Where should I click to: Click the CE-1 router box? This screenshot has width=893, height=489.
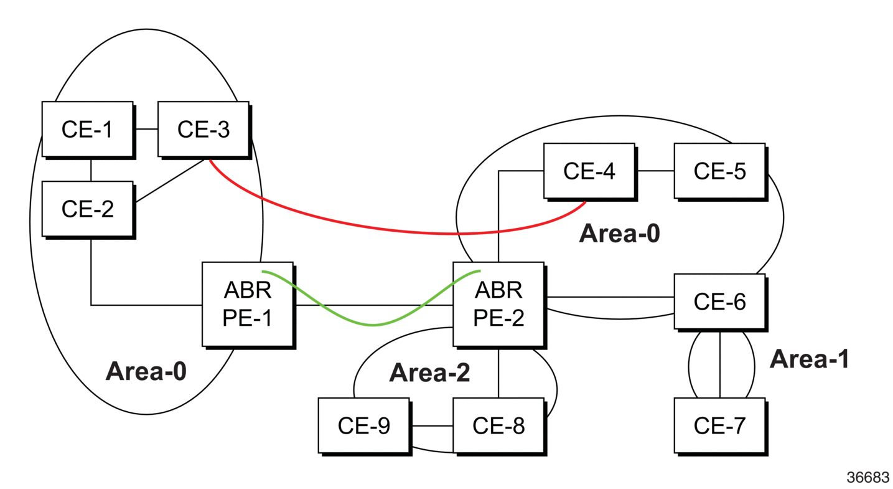[x=88, y=130]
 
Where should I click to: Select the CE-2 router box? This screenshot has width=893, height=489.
[x=88, y=209]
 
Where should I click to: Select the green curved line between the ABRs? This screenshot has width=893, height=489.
[x=373, y=325]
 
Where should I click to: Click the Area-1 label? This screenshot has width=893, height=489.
[x=809, y=359]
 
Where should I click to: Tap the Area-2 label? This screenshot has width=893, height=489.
[x=429, y=373]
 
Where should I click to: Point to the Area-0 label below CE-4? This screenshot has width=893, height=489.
[x=620, y=234]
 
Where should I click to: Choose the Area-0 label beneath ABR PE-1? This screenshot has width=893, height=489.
[x=146, y=371]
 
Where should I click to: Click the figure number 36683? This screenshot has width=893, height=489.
[x=868, y=477]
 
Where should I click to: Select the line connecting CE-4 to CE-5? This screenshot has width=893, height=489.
[x=655, y=171]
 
